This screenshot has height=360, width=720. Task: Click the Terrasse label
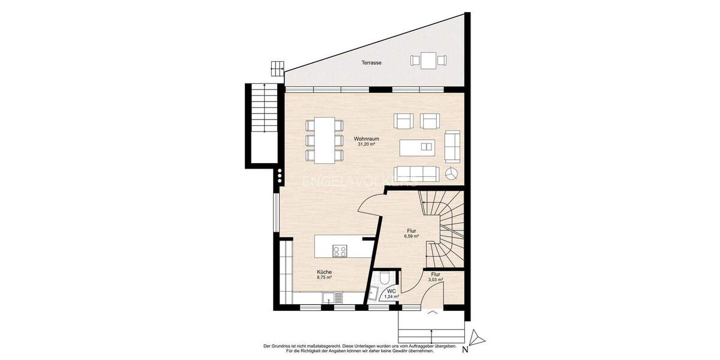(371, 62)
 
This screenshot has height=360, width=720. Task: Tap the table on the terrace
(428, 60)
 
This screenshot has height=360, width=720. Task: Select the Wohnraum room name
(366, 138)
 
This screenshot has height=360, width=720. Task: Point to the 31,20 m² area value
(366, 145)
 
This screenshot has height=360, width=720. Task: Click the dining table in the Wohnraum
(325, 140)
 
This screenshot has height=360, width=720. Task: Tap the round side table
(452, 174)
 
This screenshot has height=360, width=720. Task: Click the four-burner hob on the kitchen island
(340, 251)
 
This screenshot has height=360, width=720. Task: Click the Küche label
(325, 272)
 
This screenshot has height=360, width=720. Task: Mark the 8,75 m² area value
(325, 278)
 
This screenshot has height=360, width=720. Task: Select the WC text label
(391, 290)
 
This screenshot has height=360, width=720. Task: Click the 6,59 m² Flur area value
(411, 236)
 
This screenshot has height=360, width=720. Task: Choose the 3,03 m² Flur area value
(436, 280)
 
